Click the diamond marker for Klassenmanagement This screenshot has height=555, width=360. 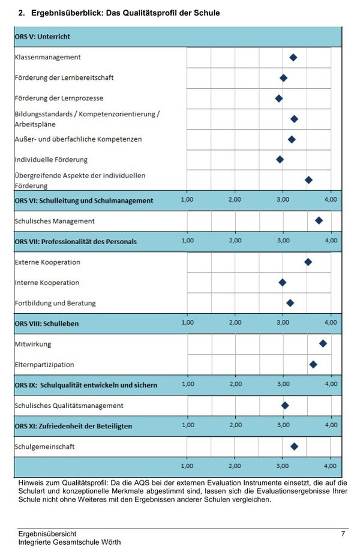[293, 58]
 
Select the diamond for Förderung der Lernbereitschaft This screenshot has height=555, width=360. [283, 78]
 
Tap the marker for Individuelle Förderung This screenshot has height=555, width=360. [280, 160]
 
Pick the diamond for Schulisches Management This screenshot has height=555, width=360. [319, 221]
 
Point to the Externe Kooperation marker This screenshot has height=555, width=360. [308, 262]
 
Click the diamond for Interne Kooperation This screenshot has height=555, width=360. [282, 283]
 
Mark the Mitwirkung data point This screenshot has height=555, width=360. [323, 343]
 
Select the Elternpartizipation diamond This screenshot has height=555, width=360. [313, 364]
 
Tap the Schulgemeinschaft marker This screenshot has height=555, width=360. [294, 446]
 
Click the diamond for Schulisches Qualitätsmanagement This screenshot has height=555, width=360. [284, 405]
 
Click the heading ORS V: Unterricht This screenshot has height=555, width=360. [43, 37]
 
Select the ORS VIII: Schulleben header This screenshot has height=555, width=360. [47, 323]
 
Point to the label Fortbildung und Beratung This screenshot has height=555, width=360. [55, 303]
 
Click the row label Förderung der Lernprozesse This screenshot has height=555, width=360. [59, 98]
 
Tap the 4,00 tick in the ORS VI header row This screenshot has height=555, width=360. [331, 199]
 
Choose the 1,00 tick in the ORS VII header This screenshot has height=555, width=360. [187, 241]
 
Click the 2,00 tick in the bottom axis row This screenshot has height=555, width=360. [235, 466]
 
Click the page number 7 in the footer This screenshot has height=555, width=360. [343, 533]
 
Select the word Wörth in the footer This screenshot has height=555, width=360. [111, 542]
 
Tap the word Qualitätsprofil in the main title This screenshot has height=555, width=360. [144, 13]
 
